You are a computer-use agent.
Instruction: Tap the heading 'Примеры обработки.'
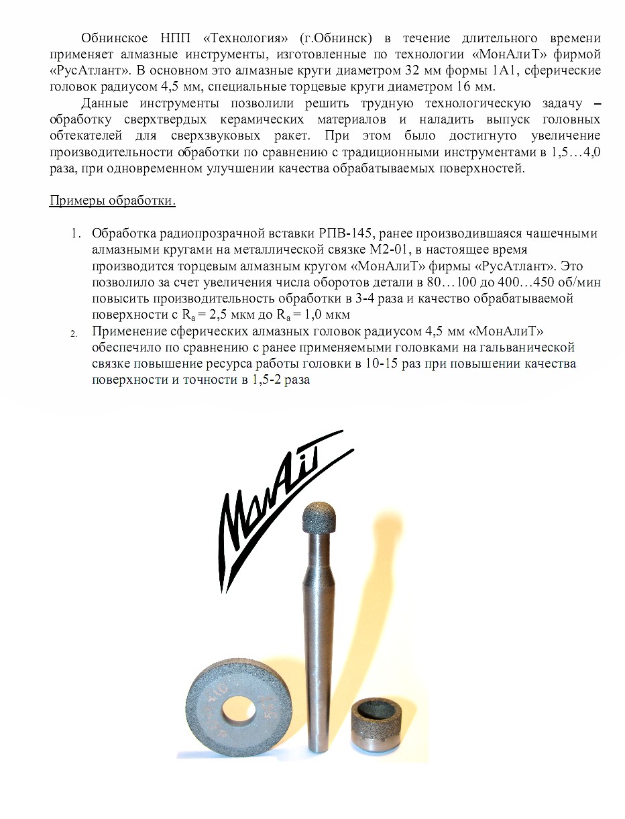pyautogui.click(x=113, y=201)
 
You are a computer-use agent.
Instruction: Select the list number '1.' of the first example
pyautogui.click(x=76, y=234)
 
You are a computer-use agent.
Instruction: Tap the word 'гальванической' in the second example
pyautogui.click(x=529, y=347)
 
